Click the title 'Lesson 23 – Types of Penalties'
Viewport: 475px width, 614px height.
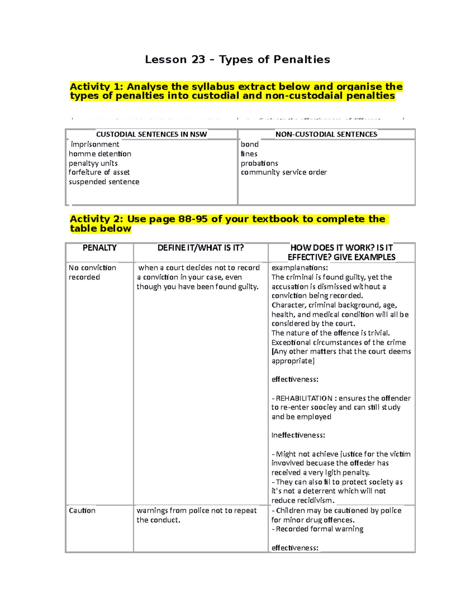tap(237, 60)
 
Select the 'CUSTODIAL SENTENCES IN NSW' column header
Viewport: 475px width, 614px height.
tap(151, 134)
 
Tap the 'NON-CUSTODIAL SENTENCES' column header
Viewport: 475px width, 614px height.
tap(326, 134)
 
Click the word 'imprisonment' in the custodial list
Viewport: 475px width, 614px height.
tap(95, 144)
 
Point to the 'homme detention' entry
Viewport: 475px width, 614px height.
tap(100, 154)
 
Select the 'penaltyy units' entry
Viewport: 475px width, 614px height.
tap(93, 163)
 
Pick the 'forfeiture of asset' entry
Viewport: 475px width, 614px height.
tap(99, 172)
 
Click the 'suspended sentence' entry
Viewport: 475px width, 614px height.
tap(104, 182)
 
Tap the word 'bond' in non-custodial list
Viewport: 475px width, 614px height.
tap(249, 144)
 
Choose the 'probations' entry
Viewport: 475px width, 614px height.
tap(259, 163)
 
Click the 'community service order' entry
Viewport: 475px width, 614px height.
tap(284, 172)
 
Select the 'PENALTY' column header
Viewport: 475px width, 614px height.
tap(99, 248)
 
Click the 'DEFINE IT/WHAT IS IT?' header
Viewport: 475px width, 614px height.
tap(201, 248)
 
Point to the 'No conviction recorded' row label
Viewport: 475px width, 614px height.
tap(92, 272)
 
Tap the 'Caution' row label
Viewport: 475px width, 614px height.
tap(82, 510)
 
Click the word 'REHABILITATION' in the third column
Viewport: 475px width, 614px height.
tap(304, 398)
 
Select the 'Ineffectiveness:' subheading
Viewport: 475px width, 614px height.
tap(298, 435)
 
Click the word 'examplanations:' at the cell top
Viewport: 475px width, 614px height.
tap(300, 268)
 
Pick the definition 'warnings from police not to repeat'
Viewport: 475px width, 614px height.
tap(197, 510)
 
